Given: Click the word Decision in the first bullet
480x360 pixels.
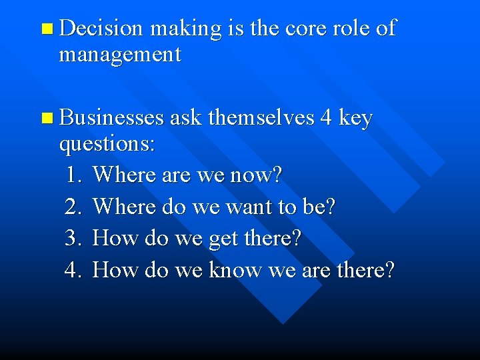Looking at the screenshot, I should pos(101,28).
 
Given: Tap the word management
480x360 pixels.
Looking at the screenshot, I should pos(120,54).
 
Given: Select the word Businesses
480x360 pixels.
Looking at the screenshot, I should pos(111,118).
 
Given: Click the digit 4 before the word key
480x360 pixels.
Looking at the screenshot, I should pos(326,118).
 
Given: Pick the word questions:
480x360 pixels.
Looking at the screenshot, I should pos(107,145).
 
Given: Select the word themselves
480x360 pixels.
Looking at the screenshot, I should pos(261,118).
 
